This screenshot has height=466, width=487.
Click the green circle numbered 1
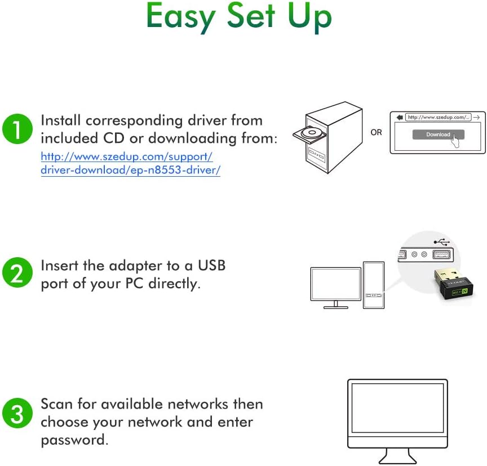point(16,129)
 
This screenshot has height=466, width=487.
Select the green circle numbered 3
point(16,414)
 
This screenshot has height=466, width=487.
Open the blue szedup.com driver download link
point(130,162)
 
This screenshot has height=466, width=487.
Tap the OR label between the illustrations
point(376,132)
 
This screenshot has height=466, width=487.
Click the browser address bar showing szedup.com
point(438,117)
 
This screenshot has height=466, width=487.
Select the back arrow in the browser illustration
point(399,117)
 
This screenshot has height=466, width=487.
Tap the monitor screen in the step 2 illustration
point(335,284)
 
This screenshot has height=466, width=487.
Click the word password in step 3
point(73,440)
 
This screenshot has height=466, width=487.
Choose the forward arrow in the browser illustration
point(476,117)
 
